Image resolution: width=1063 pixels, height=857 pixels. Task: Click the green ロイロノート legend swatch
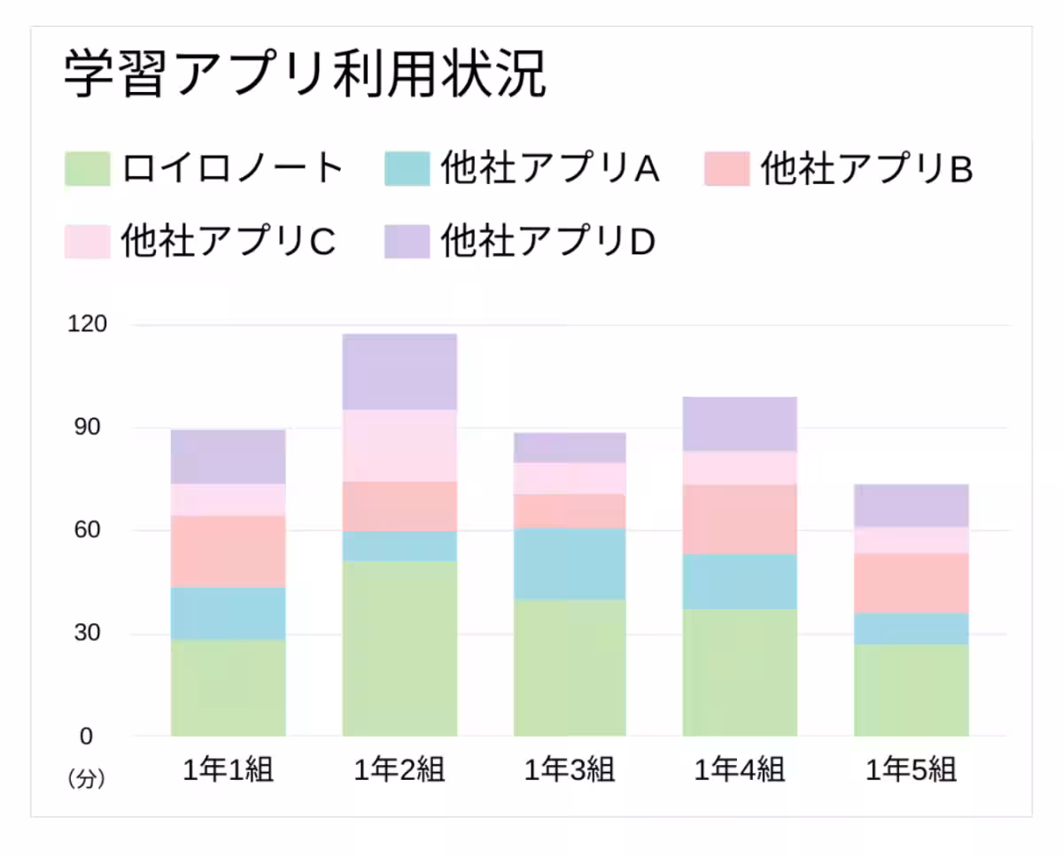(88, 168)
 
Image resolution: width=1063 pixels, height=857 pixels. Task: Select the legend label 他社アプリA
(550, 168)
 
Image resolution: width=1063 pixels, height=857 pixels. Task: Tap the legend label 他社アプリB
(868, 168)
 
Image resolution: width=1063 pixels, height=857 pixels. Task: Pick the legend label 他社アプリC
(229, 241)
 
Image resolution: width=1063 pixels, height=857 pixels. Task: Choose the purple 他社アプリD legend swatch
(407, 241)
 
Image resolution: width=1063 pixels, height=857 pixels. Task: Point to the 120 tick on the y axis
(87, 324)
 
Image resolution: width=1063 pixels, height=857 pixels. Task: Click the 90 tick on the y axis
(87, 427)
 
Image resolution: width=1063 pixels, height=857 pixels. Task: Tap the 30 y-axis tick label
(87, 633)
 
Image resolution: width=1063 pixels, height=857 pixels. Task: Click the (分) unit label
(87, 779)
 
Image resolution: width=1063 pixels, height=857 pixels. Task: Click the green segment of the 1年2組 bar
(400, 648)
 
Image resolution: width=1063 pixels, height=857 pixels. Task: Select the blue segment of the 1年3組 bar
(570, 564)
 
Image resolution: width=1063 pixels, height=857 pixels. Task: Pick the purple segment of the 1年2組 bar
(400, 372)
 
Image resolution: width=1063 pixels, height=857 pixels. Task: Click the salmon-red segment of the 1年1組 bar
(228, 552)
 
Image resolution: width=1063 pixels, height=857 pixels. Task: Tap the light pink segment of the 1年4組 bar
(740, 468)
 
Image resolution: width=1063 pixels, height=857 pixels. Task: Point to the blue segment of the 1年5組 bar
(912, 628)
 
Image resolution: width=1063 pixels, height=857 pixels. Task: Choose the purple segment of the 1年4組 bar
(740, 424)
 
